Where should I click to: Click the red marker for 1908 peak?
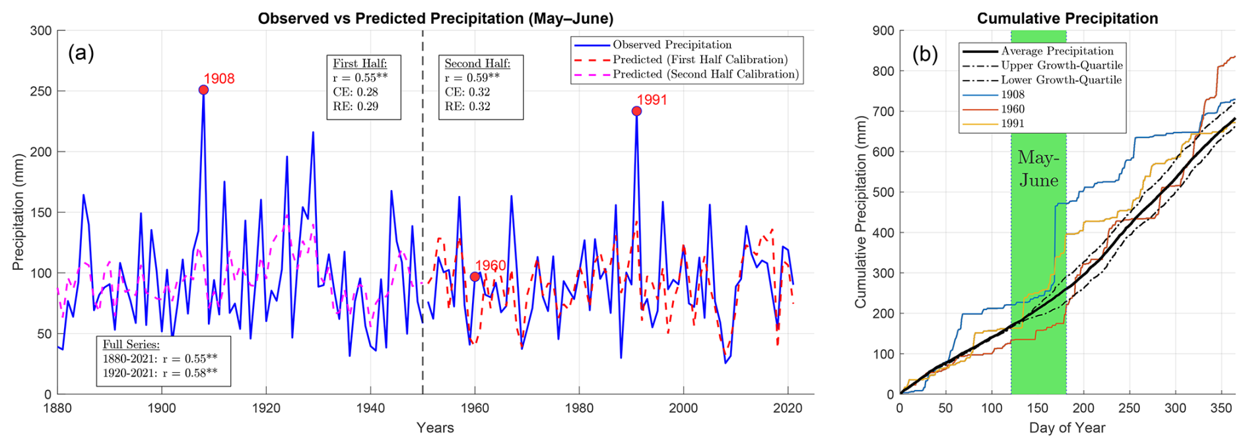pyautogui.click(x=203, y=90)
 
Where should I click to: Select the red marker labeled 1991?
pyautogui.click(x=636, y=112)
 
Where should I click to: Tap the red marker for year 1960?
pyautogui.click(x=475, y=276)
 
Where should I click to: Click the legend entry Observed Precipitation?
pyautogui.click(x=672, y=45)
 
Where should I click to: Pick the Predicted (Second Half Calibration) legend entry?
pyautogui.click(x=705, y=74)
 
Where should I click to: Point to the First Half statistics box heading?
pyautogui.click(x=360, y=63)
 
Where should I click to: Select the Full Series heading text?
pyautogui.click(x=131, y=344)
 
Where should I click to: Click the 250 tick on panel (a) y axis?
pyautogui.click(x=41, y=91)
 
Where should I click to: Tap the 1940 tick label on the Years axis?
pyautogui.click(x=370, y=408)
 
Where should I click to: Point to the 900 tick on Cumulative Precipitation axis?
pyautogui.click(x=883, y=31)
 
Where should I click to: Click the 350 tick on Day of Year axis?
pyautogui.click(x=1221, y=408)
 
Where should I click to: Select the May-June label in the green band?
pyautogui.click(x=1038, y=169)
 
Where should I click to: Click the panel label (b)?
pyautogui.click(x=925, y=54)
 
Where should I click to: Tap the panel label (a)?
pyautogui.click(x=81, y=53)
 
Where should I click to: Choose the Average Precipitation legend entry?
pyautogui.click(x=1056, y=51)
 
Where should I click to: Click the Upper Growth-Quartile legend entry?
pyautogui.click(x=1061, y=65)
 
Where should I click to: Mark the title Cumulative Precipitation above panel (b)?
pyautogui.click(x=1067, y=18)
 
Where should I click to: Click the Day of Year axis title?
pyautogui.click(x=1067, y=428)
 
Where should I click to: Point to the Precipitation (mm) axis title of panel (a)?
pyautogui.click(x=18, y=212)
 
